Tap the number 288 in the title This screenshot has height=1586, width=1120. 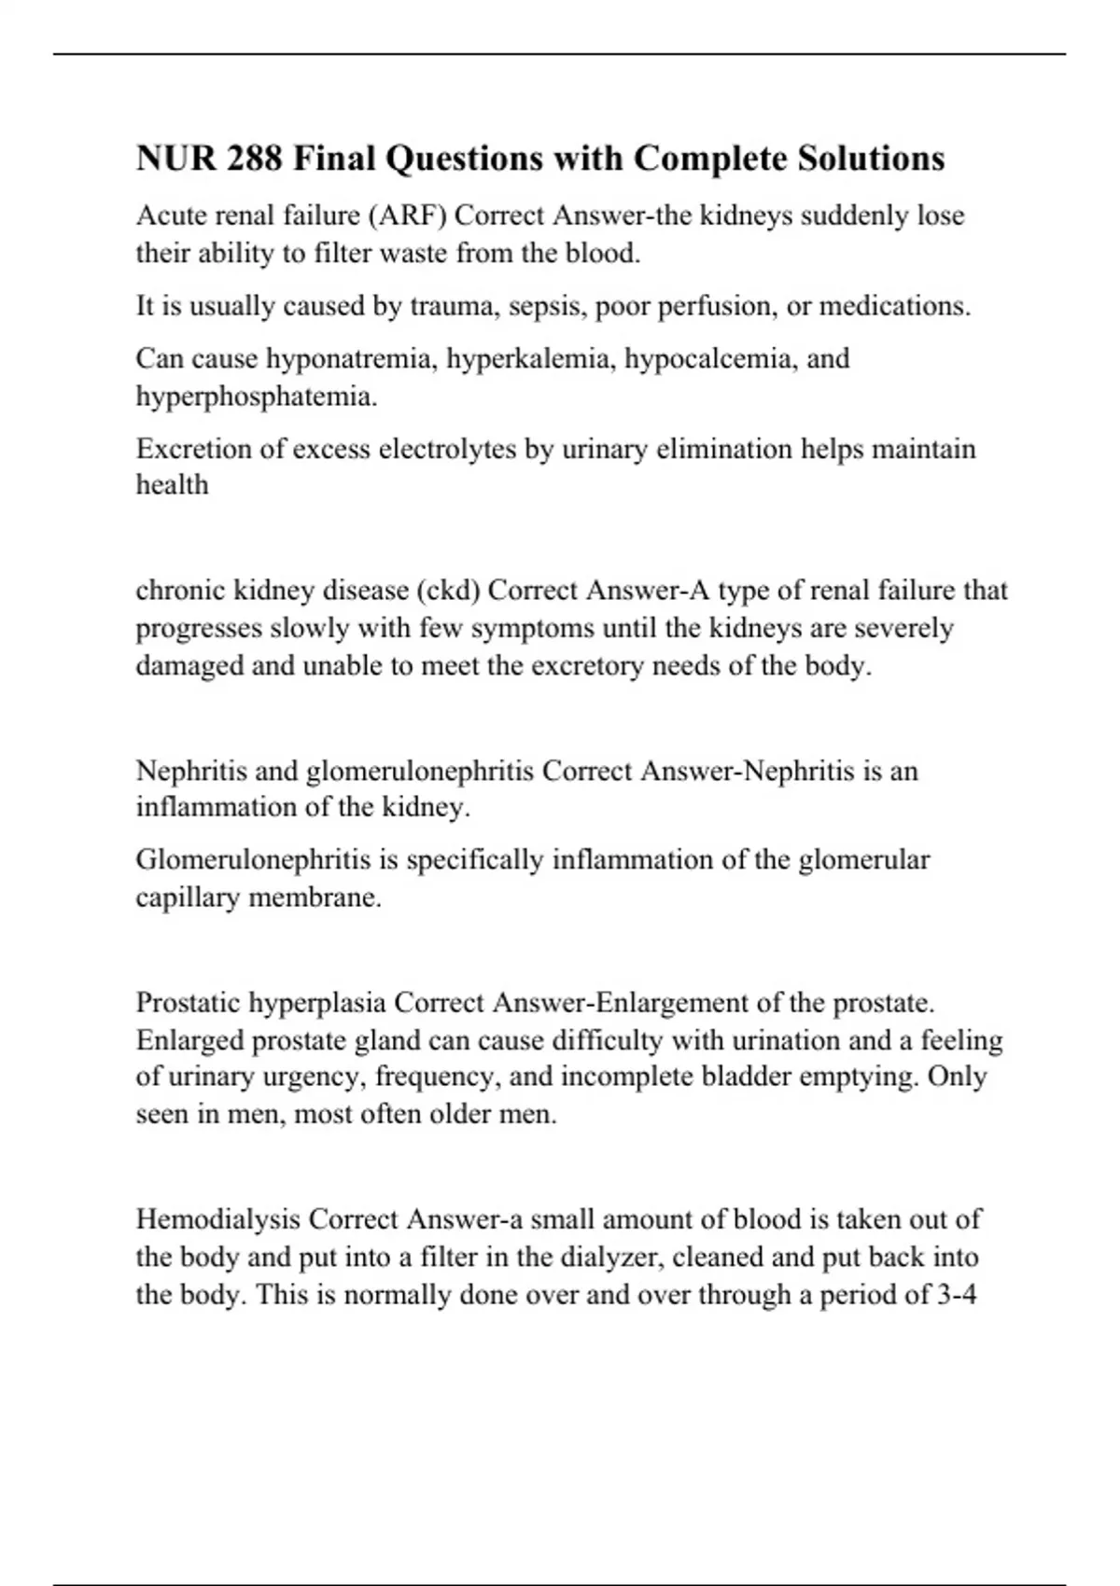point(254,159)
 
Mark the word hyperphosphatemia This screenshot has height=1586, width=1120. point(256,396)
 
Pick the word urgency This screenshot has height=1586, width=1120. point(317,1077)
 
